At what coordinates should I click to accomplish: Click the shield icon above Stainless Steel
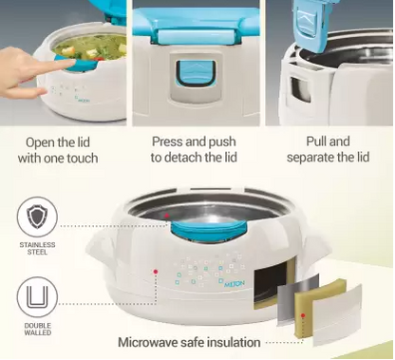point(37,218)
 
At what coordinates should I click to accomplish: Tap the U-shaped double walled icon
point(37,297)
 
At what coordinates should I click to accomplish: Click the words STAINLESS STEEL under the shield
point(37,249)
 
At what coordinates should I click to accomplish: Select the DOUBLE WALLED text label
point(37,329)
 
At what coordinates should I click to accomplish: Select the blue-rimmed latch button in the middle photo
point(195,75)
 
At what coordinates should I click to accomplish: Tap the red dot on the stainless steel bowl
point(167,216)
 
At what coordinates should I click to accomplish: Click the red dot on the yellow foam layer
point(303,315)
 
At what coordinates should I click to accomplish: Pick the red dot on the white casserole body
point(156,272)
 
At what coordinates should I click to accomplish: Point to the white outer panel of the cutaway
point(338,315)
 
